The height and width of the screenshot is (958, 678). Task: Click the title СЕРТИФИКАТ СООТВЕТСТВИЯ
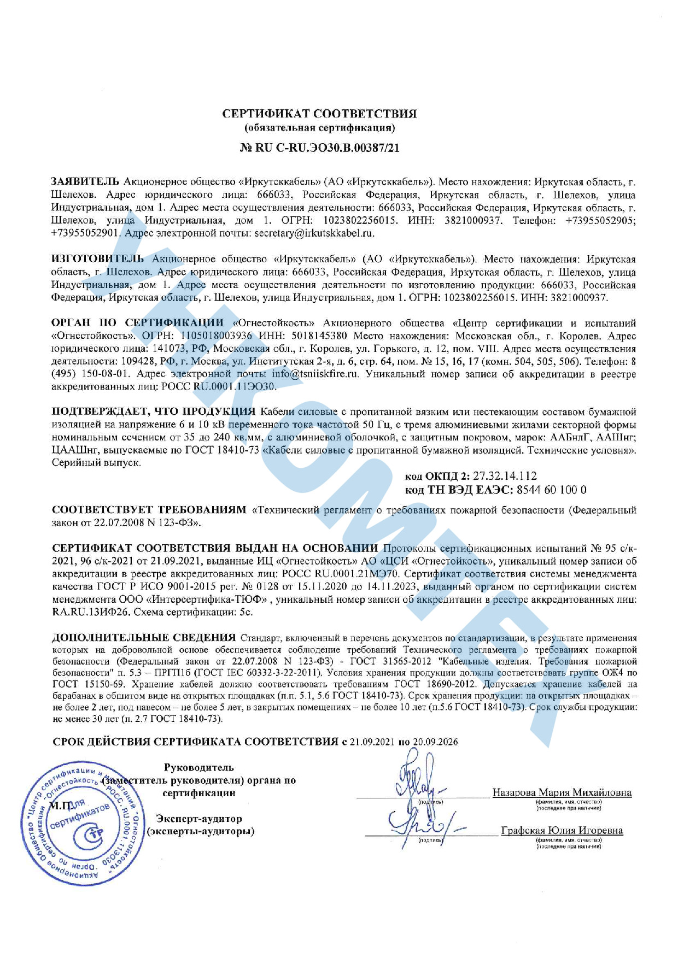pos(319,114)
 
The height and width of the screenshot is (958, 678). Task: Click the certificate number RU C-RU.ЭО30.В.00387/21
pos(327,148)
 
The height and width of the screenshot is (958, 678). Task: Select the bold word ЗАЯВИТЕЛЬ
pos(85,181)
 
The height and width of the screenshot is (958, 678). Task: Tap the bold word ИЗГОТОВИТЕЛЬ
pos(98,258)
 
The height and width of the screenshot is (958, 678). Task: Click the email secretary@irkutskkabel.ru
pos(315,233)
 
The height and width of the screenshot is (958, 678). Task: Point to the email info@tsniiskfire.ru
pos(315,374)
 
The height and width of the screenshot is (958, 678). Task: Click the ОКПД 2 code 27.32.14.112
pos(505,476)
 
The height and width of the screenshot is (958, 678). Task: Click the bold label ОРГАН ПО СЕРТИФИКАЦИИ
pos(138,323)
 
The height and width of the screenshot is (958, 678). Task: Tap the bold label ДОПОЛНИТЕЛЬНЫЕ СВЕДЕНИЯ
pos(144,638)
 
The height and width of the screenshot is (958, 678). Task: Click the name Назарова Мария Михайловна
pos(562,792)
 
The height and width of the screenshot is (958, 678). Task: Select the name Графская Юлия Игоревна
pos(562,831)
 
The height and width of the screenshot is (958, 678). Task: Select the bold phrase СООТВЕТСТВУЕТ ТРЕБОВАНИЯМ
pos(149,510)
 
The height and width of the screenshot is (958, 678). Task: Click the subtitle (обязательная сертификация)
pos(319,128)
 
